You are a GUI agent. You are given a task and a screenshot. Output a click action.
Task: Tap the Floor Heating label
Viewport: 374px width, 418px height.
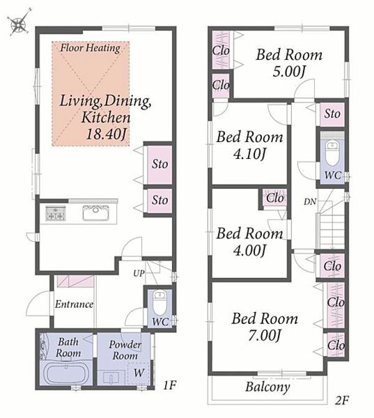click(90, 48)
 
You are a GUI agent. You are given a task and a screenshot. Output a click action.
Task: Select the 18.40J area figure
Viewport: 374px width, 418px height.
click(106, 134)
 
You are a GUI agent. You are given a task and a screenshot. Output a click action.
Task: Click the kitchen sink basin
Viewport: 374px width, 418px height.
click(95, 212)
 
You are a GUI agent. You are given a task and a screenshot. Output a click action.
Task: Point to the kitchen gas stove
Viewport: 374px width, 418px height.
click(56, 213)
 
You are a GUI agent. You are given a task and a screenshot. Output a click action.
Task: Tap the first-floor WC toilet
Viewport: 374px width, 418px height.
click(159, 302)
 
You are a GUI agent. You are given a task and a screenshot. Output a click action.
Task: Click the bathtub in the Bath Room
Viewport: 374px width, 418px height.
click(66, 373)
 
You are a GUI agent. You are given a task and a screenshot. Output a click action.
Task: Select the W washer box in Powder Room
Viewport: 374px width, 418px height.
click(139, 373)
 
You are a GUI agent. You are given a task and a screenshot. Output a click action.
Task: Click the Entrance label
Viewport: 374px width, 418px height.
click(75, 304)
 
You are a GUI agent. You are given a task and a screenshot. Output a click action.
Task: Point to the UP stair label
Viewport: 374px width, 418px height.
click(139, 273)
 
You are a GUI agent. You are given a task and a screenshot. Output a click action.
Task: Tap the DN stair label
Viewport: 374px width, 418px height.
click(310, 202)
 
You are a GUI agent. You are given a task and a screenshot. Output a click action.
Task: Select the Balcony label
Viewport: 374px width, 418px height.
click(267, 387)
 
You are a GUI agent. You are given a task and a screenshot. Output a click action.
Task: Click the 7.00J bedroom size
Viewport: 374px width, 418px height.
click(265, 335)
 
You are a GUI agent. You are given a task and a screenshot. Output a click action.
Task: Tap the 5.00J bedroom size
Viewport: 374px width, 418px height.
click(289, 72)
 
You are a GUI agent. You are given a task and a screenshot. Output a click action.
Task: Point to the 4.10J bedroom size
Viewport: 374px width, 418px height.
click(249, 154)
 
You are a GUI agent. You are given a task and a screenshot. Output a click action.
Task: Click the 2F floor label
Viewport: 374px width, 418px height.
click(342, 400)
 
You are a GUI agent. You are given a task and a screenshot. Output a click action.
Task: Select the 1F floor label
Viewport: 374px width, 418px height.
click(169, 385)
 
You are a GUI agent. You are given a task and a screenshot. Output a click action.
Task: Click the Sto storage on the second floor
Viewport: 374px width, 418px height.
click(332, 114)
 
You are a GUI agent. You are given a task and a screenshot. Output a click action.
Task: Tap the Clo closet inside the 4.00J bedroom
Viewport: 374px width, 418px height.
click(275, 199)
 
